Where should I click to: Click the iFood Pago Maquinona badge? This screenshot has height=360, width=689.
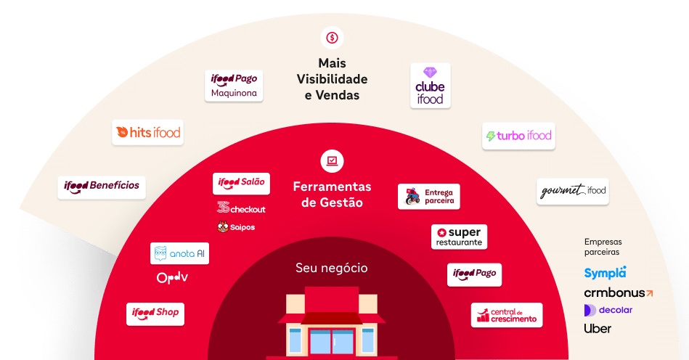tap(234, 86)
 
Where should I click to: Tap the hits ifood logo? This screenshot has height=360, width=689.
tap(147, 133)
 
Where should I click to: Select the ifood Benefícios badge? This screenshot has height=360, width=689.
tap(102, 186)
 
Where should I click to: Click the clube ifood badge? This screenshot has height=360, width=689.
tap(430, 86)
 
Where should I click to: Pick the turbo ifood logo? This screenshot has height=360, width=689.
tap(518, 136)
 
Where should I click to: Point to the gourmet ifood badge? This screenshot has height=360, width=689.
tap(572, 191)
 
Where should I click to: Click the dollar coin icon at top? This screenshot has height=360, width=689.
tap(332, 37)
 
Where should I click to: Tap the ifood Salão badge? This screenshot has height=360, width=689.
tap(241, 183)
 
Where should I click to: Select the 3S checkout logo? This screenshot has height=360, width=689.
tap(241, 208)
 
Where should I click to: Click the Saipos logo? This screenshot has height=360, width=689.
tap(236, 227)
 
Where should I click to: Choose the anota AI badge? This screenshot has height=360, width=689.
tap(179, 253)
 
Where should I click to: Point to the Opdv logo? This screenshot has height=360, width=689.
tap(173, 278)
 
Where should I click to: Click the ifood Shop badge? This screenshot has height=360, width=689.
tap(155, 313)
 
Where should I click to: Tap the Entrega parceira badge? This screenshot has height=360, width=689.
tap(428, 196)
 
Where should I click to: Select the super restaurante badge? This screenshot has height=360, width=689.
tap(459, 237)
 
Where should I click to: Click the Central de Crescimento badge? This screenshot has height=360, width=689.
tap(506, 315)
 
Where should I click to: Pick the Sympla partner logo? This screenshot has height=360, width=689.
tap(605, 273)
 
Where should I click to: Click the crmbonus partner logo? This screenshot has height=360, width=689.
tap(618, 293)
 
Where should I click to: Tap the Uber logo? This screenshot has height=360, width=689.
tap(598, 329)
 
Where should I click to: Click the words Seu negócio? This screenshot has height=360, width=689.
tap(332, 268)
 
